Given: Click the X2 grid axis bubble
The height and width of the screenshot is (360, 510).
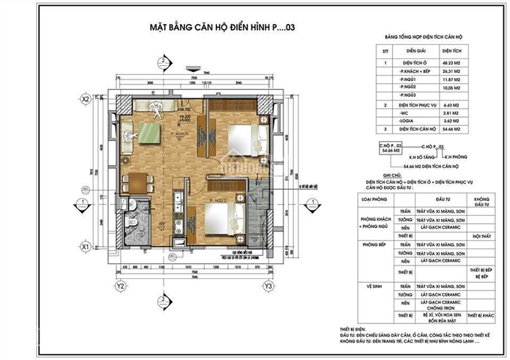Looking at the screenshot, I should pyautogui.click(x=86, y=98).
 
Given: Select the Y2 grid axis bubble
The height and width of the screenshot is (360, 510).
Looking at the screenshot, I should pyautogui.click(x=120, y=286).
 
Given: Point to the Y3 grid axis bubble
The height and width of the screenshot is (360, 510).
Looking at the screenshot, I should pyautogui.click(x=268, y=286).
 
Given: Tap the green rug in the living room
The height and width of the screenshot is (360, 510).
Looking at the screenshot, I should pyautogui.click(x=148, y=136).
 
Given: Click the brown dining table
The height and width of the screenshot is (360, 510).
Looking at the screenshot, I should pyautogui.click(x=138, y=183).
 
